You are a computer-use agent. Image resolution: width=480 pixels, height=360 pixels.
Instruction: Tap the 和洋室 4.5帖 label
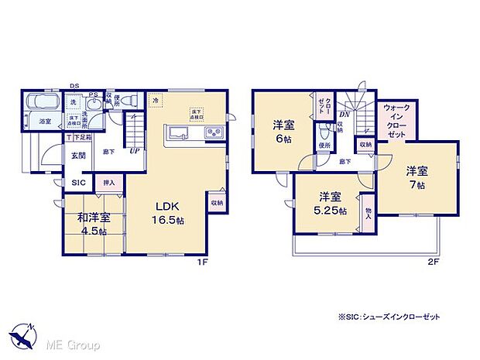[x=91, y=225]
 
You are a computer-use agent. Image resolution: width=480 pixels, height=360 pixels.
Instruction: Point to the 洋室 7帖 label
[x=417, y=178]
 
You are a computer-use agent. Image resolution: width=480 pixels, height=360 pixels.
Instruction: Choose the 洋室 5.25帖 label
[x=330, y=204]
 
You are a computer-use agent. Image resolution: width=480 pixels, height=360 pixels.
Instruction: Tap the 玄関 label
[x=80, y=156]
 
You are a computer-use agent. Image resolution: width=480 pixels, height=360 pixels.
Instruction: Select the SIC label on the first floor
[x=79, y=183]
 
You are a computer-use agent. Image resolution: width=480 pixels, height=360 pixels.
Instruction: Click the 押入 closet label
[x=110, y=183]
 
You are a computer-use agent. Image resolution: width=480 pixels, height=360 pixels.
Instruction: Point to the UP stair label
[x=135, y=151]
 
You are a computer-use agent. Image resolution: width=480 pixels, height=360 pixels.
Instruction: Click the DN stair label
[x=342, y=115]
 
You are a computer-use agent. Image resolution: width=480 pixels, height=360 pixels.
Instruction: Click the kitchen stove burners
[x=212, y=134]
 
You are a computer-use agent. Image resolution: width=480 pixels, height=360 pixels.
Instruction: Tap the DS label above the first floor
[x=74, y=87]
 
